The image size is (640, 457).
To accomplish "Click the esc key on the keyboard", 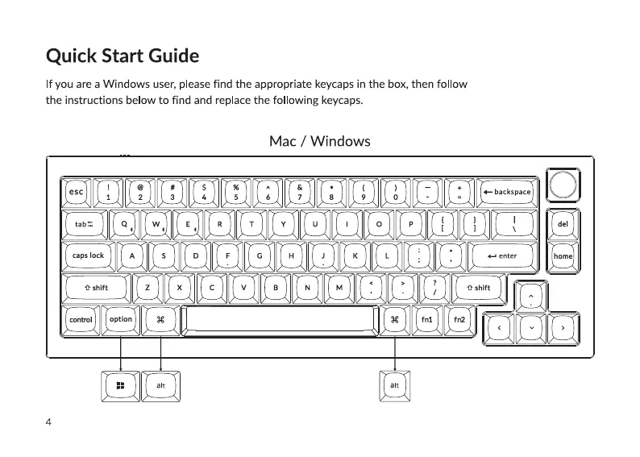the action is tap(76, 192).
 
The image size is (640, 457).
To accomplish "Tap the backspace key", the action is tap(508, 192).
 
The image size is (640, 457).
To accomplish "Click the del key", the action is tap(563, 223).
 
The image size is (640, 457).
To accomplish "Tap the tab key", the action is tap(83, 223).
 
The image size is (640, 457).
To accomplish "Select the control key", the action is tap(81, 320).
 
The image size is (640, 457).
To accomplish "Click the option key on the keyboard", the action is tap(121, 319).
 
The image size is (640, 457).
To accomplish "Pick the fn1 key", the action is tap(427, 320).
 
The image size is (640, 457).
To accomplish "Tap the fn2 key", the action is tap(459, 320).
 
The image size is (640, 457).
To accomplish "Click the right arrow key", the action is tap(563, 328).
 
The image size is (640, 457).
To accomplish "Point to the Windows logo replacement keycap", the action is tap(120, 385).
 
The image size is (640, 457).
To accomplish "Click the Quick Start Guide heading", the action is tap(123, 56).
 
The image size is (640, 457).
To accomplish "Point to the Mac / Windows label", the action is tap(320, 142).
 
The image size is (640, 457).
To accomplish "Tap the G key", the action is tap(260, 256).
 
